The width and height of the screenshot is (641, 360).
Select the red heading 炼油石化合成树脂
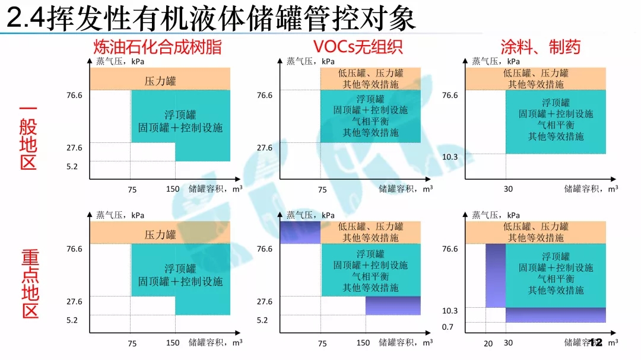(x=157, y=47)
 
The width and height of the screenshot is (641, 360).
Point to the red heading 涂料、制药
(x=540, y=47)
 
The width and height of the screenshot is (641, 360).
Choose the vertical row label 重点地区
(x=30, y=283)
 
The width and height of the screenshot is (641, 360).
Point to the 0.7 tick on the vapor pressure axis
(x=448, y=327)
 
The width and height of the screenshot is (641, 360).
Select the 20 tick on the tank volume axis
(x=488, y=343)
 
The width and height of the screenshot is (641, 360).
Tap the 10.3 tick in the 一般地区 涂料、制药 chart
(x=450, y=156)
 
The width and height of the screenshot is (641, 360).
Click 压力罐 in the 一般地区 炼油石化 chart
(x=160, y=81)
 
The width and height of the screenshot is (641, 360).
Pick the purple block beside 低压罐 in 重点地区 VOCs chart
(x=300, y=232)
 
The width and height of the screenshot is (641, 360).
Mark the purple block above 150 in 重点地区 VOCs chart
(x=393, y=305)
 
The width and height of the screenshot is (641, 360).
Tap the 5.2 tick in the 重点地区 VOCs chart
(x=264, y=320)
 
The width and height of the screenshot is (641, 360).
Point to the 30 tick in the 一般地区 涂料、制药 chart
(x=508, y=190)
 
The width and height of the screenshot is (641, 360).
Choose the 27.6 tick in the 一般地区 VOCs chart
(x=264, y=148)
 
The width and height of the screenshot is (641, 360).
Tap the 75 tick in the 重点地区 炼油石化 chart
(x=132, y=343)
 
